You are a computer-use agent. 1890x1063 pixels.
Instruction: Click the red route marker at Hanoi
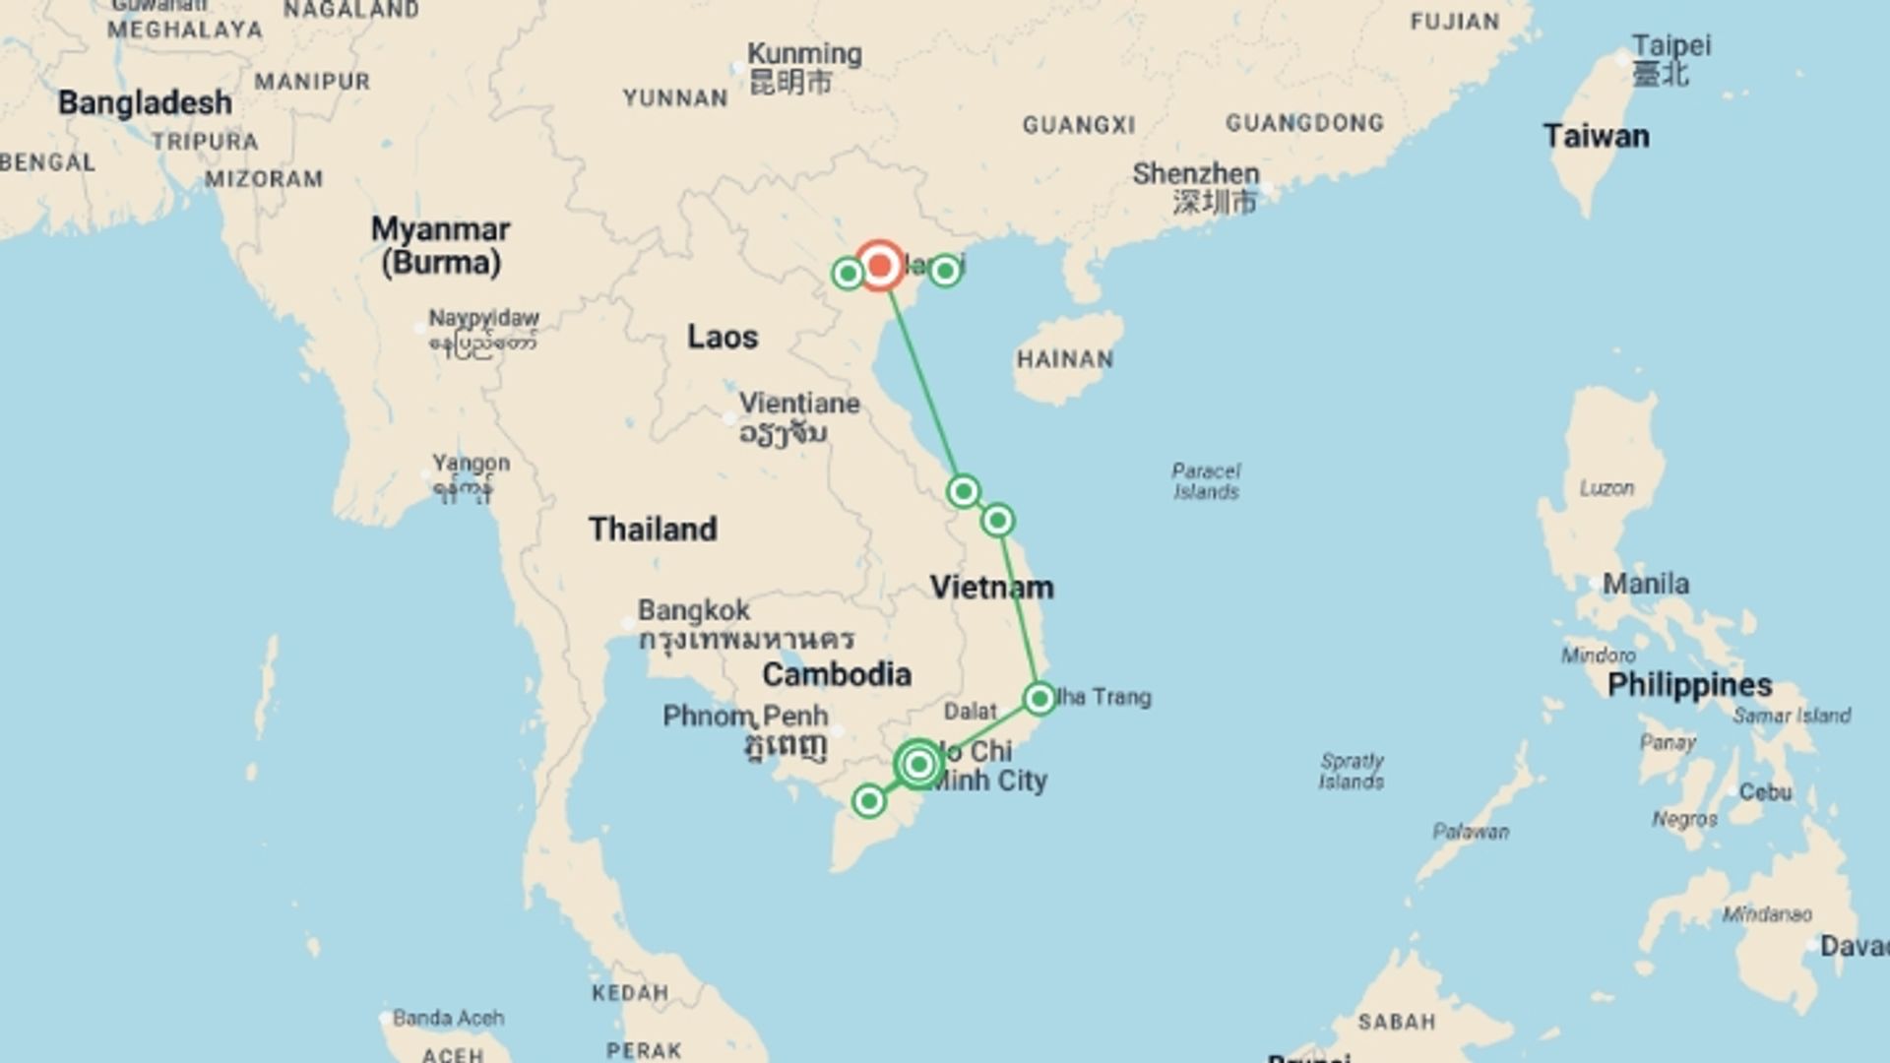879,266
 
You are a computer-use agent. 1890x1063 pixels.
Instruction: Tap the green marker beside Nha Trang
1039,699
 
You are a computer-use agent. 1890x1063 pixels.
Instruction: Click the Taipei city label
1671,46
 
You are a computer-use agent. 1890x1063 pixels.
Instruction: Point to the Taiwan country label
1596,136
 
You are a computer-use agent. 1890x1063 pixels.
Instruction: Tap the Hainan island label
1065,359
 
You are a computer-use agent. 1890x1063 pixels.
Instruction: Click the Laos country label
723,337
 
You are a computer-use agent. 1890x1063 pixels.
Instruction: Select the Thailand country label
653,529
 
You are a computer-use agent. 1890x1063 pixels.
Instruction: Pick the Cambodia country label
837,674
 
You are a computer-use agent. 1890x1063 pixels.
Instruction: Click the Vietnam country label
991,587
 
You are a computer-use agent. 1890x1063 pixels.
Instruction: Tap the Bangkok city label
694,610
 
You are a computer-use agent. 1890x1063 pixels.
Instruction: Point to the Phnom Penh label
745,716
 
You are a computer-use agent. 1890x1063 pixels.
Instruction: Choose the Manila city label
1646,584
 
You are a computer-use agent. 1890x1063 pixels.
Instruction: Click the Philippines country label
1689,685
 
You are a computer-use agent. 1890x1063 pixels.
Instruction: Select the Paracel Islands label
1206,481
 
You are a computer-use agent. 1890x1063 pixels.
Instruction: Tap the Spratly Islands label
1352,771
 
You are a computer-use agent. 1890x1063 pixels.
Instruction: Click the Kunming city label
804,54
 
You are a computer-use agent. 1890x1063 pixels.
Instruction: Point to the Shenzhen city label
1196,174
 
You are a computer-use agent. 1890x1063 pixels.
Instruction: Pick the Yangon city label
471,463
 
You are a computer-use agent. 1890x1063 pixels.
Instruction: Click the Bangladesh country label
145,102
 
